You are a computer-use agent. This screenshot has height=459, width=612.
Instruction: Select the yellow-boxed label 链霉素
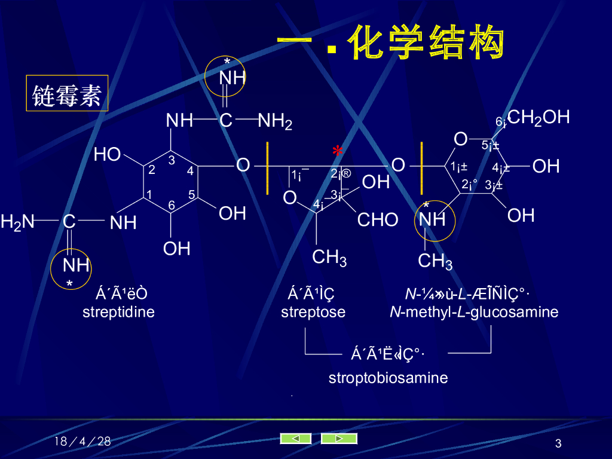point(67,94)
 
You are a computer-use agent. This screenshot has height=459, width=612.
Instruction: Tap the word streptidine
point(118,312)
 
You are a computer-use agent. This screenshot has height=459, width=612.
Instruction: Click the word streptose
point(313,312)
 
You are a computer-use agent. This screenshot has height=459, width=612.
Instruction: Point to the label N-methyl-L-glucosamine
point(474,312)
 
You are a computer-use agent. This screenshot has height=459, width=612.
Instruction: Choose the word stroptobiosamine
point(388,378)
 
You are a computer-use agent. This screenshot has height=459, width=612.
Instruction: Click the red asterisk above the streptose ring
point(338,152)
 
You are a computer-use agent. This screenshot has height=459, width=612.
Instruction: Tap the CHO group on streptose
point(378,220)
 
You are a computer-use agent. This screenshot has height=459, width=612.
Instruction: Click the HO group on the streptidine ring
point(107,155)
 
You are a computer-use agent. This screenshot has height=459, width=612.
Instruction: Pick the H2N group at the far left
point(17,222)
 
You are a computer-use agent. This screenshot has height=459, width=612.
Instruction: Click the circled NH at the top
point(231,78)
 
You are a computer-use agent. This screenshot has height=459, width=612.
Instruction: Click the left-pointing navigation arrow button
point(296,439)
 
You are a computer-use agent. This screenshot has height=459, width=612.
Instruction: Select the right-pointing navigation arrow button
point(339,439)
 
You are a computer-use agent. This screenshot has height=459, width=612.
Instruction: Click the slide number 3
point(558,443)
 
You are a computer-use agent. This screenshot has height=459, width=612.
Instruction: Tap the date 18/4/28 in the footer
point(82,442)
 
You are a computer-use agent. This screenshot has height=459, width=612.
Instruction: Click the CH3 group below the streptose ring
point(329,258)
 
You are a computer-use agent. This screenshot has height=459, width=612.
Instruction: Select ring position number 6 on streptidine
point(172,205)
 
